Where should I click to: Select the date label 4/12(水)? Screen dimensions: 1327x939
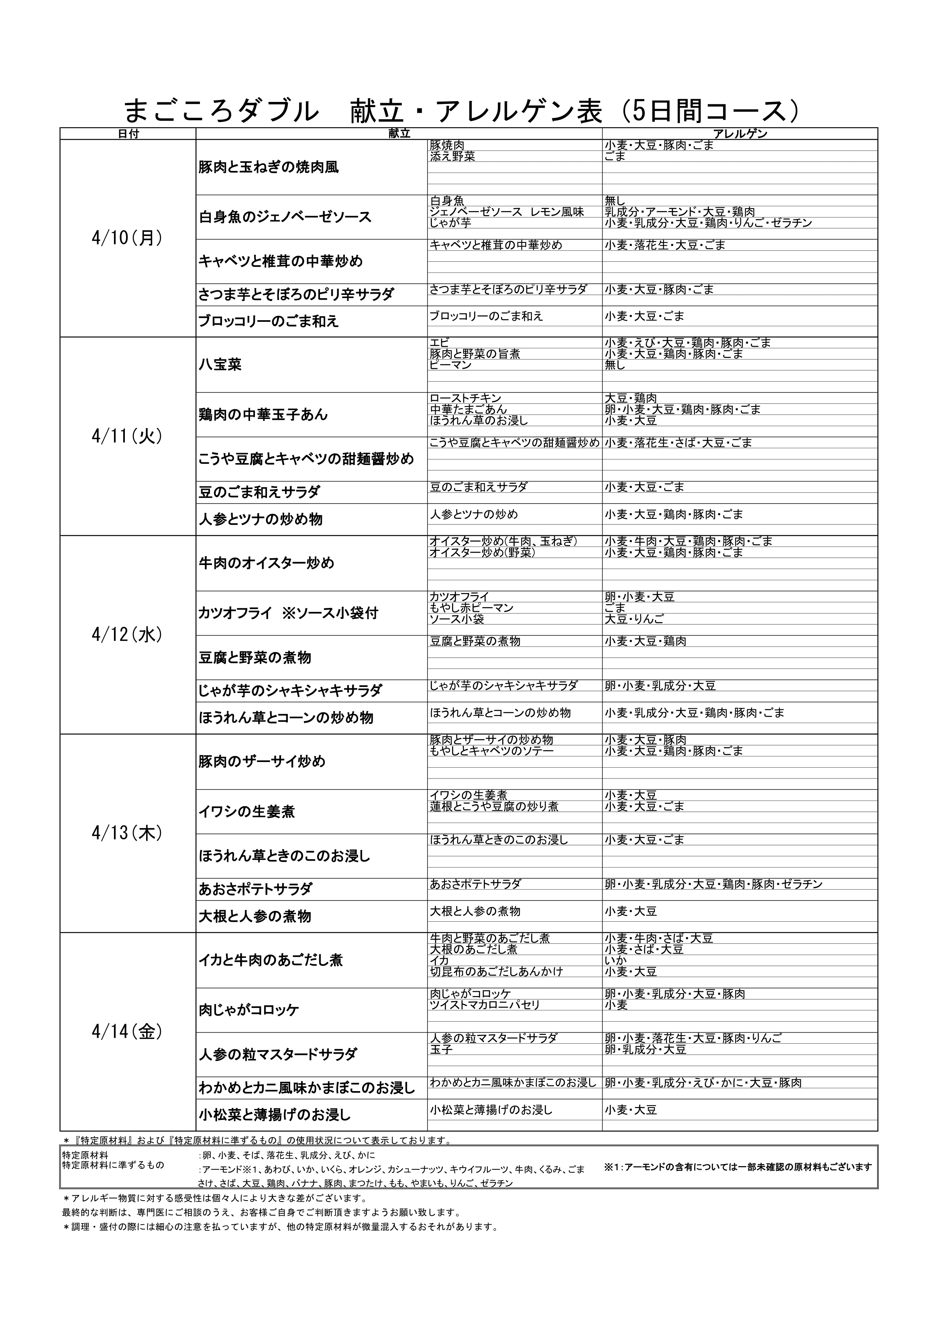(x=127, y=634)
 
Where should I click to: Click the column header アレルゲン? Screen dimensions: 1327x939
(x=739, y=134)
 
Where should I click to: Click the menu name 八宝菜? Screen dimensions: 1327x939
(x=220, y=365)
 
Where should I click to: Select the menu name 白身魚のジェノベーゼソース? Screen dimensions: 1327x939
(x=285, y=217)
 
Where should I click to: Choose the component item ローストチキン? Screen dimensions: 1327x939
(x=465, y=398)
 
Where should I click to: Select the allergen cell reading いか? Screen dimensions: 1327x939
(x=616, y=961)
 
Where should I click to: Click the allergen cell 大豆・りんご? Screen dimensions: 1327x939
(x=634, y=619)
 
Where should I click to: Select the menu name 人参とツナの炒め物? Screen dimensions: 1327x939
(x=261, y=520)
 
